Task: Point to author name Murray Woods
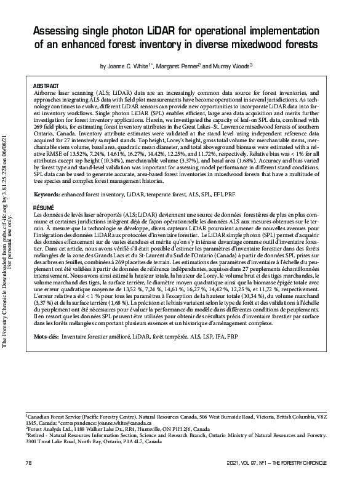[x=230, y=65]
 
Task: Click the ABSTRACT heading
[x=46, y=84]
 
